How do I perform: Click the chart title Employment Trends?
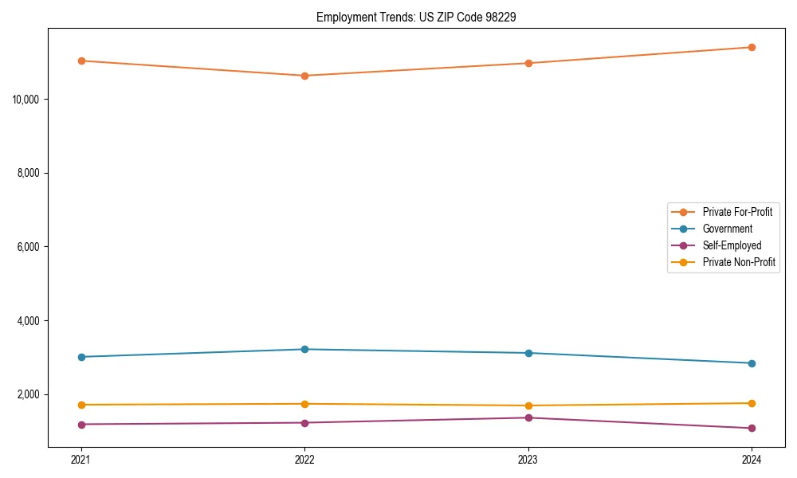click(416, 17)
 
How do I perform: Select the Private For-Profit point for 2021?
click(80, 61)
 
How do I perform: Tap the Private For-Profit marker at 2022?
click(304, 76)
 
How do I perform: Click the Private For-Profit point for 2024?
click(752, 47)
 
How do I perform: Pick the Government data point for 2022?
click(304, 349)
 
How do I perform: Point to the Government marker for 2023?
click(528, 353)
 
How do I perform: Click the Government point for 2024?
click(752, 363)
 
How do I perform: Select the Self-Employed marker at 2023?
click(528, 417)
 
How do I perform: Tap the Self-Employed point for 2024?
click(752, 428)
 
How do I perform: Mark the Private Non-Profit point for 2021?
click(80, 405)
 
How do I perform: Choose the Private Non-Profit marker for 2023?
click(528, 406)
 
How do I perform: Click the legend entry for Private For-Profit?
click(736, 212)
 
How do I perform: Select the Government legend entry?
click(727, 229)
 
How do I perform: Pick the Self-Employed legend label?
click(732, 245)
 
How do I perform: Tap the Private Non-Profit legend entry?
click(739, 262)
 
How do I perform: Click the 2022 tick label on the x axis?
click(304, 459)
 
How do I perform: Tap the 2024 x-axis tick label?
click(752, 459)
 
